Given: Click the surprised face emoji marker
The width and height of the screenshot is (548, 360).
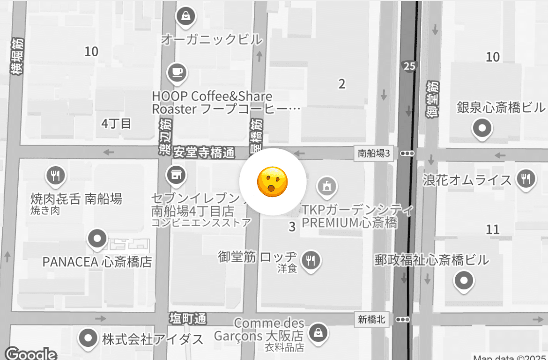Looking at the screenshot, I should [273, 182].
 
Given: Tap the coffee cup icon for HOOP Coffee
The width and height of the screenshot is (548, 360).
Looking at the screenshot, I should [177, 72].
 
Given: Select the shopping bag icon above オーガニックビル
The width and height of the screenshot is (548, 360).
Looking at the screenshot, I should [186, 16].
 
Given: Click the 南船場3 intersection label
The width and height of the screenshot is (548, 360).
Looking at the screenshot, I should [373, 153].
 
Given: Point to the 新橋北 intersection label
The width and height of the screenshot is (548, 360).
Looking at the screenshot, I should [372, 320].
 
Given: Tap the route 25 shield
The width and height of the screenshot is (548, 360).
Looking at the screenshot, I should [409, 66].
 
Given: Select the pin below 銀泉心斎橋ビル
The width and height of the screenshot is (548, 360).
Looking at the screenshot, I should [482, 127].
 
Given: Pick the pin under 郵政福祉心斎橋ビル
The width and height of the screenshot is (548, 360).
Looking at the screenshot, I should [464, 281].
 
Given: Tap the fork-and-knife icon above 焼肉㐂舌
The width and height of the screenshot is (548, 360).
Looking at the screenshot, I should [56, 176].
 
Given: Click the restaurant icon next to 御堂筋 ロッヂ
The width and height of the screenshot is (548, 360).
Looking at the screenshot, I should [311, 259].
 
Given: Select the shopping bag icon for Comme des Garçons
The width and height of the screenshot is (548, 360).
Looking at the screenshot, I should [318, 333].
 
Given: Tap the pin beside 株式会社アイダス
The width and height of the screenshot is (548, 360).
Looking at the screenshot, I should [88, 338].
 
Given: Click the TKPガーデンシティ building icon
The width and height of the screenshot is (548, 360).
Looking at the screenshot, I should [326, 186].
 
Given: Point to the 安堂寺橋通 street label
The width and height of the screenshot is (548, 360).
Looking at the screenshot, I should [203, 153].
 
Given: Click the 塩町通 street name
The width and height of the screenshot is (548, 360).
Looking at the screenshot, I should [188, 319].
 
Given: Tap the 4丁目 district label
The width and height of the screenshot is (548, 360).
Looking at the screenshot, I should [116, 124].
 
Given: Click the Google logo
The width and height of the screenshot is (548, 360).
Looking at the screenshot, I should [31, 353].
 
